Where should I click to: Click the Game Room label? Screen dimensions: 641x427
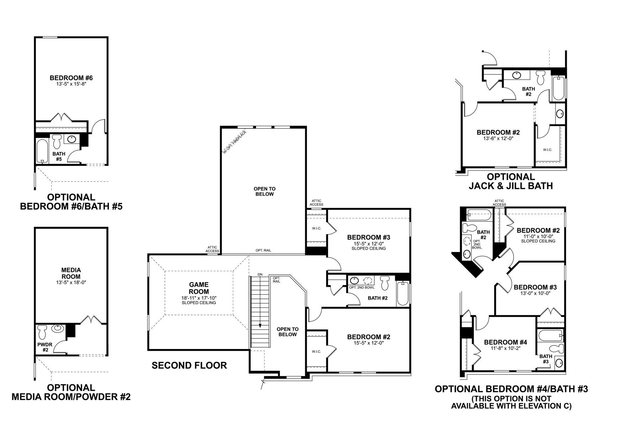point(199,288)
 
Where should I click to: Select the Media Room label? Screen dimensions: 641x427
point(71,273)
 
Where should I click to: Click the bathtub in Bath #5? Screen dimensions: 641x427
point(42,151)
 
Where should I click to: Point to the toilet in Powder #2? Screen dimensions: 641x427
point(42,332)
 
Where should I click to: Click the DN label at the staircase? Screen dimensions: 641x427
point(260,274)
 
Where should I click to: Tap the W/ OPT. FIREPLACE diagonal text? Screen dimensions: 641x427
point(234,142)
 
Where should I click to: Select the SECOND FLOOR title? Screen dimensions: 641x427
point(189,365)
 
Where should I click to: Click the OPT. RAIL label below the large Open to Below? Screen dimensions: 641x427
point(263,251)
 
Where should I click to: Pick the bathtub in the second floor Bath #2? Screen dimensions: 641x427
point(403,293)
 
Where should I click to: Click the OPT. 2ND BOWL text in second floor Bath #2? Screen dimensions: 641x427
point(361,288)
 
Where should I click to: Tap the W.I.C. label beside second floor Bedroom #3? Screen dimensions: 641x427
point(317,228)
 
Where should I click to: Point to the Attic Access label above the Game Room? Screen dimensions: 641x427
point(212,249)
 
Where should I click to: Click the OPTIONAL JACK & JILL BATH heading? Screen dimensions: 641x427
point(511,181)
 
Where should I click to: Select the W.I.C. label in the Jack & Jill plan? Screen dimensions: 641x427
point(548,150)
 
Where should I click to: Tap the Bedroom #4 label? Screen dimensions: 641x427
point(505,342)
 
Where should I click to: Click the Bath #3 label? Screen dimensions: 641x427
point(546,359)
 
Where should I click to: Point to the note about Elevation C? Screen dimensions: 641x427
point(511,402)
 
